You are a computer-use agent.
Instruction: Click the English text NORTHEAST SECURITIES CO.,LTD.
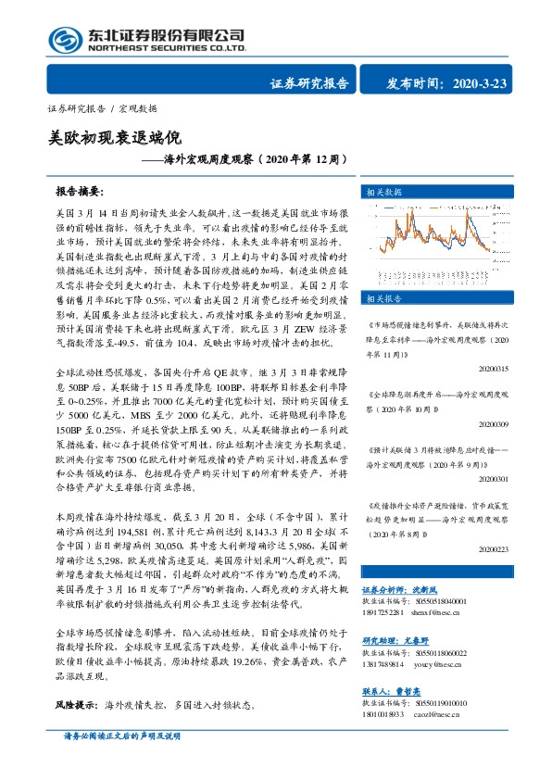click(167, 47)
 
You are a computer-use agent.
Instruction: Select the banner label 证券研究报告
click(309, 84)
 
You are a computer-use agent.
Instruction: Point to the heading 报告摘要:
click(78, 192)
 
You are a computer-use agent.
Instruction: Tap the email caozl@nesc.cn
click(427, 714)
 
